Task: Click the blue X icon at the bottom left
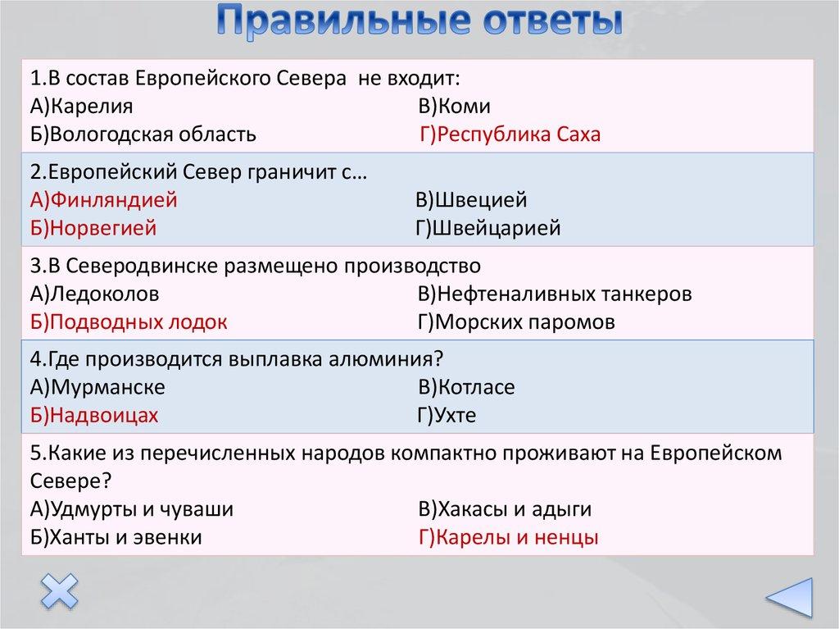(x=59, y=591)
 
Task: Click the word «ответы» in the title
(x=551, y=21)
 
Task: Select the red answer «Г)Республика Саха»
(x=510, y=134)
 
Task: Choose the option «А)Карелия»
(x=81, y=106)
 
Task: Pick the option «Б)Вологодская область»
(x=143, y=134)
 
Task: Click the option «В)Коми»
(x=454, y=106)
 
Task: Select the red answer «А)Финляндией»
(x=103, y=200)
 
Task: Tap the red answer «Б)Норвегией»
(x=93, y=228)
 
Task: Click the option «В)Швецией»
(x=471, y=200)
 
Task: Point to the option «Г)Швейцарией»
(x=488, y=228)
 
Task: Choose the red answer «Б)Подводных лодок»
(x=129, y=322)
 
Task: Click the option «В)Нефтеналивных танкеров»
(x=555, y=294)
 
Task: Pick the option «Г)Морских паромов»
(x=516, y=322)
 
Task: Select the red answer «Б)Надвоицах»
(x=94, y=415)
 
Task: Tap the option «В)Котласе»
(x=466, y=387)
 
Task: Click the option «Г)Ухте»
(x=447, y=415)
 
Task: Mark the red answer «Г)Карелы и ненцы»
(x=508, y=537)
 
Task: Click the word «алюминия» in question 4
(x=386, y=359)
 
